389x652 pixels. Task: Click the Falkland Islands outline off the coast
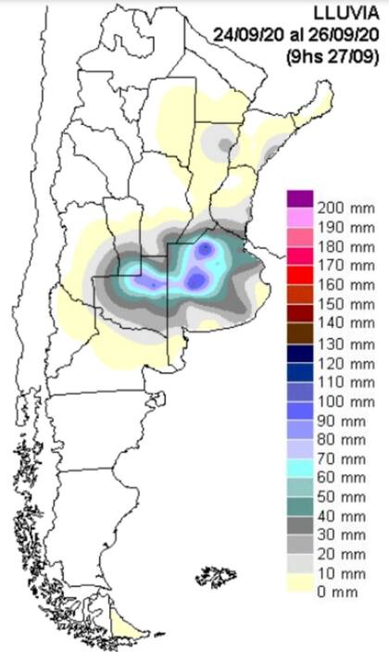pyautogui.click(x=214, y=579)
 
